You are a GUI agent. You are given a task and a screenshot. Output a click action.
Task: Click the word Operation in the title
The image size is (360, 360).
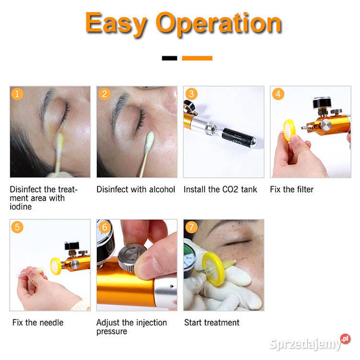tap(219, 24)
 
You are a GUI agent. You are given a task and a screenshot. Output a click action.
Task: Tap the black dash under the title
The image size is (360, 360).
tap(169, 58)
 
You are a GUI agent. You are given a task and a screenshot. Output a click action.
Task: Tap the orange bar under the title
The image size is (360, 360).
tap(197, 58)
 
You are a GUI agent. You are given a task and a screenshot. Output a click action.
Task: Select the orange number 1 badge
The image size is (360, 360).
tap(17, 94)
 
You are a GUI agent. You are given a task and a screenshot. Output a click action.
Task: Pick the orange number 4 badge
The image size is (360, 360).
tap(278, 94)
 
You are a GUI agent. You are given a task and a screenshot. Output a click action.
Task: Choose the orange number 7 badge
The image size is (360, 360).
tap(191, 227)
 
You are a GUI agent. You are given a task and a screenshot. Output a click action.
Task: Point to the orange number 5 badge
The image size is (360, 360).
tap(17, 227)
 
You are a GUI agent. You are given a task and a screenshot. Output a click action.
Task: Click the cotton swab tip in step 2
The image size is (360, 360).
tap(150, 139)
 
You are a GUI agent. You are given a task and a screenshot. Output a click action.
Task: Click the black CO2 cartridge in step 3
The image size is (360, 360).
tap(239, 138)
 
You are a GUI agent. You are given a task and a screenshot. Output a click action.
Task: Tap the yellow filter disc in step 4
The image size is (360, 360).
tap(289, 130)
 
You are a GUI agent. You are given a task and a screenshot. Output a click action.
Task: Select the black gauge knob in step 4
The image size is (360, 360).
tap(322, 102)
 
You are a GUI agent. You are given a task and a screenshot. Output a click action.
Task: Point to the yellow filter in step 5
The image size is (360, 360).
tap(56, 266)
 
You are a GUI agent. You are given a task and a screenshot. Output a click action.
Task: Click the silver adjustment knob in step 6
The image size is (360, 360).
tap(132, 257)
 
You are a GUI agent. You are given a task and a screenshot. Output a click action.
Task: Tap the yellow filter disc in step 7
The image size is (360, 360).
tap(214, 269)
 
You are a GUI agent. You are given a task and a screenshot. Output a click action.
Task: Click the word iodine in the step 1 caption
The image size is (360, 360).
tap(21, 206)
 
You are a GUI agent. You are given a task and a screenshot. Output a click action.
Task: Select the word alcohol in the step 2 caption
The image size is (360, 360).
tap(162, 190)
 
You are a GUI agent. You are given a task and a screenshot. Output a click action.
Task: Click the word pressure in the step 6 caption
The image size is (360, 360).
tap(112, 332)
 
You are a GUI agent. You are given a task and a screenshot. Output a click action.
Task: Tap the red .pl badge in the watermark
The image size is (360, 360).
tap(345, 339)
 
